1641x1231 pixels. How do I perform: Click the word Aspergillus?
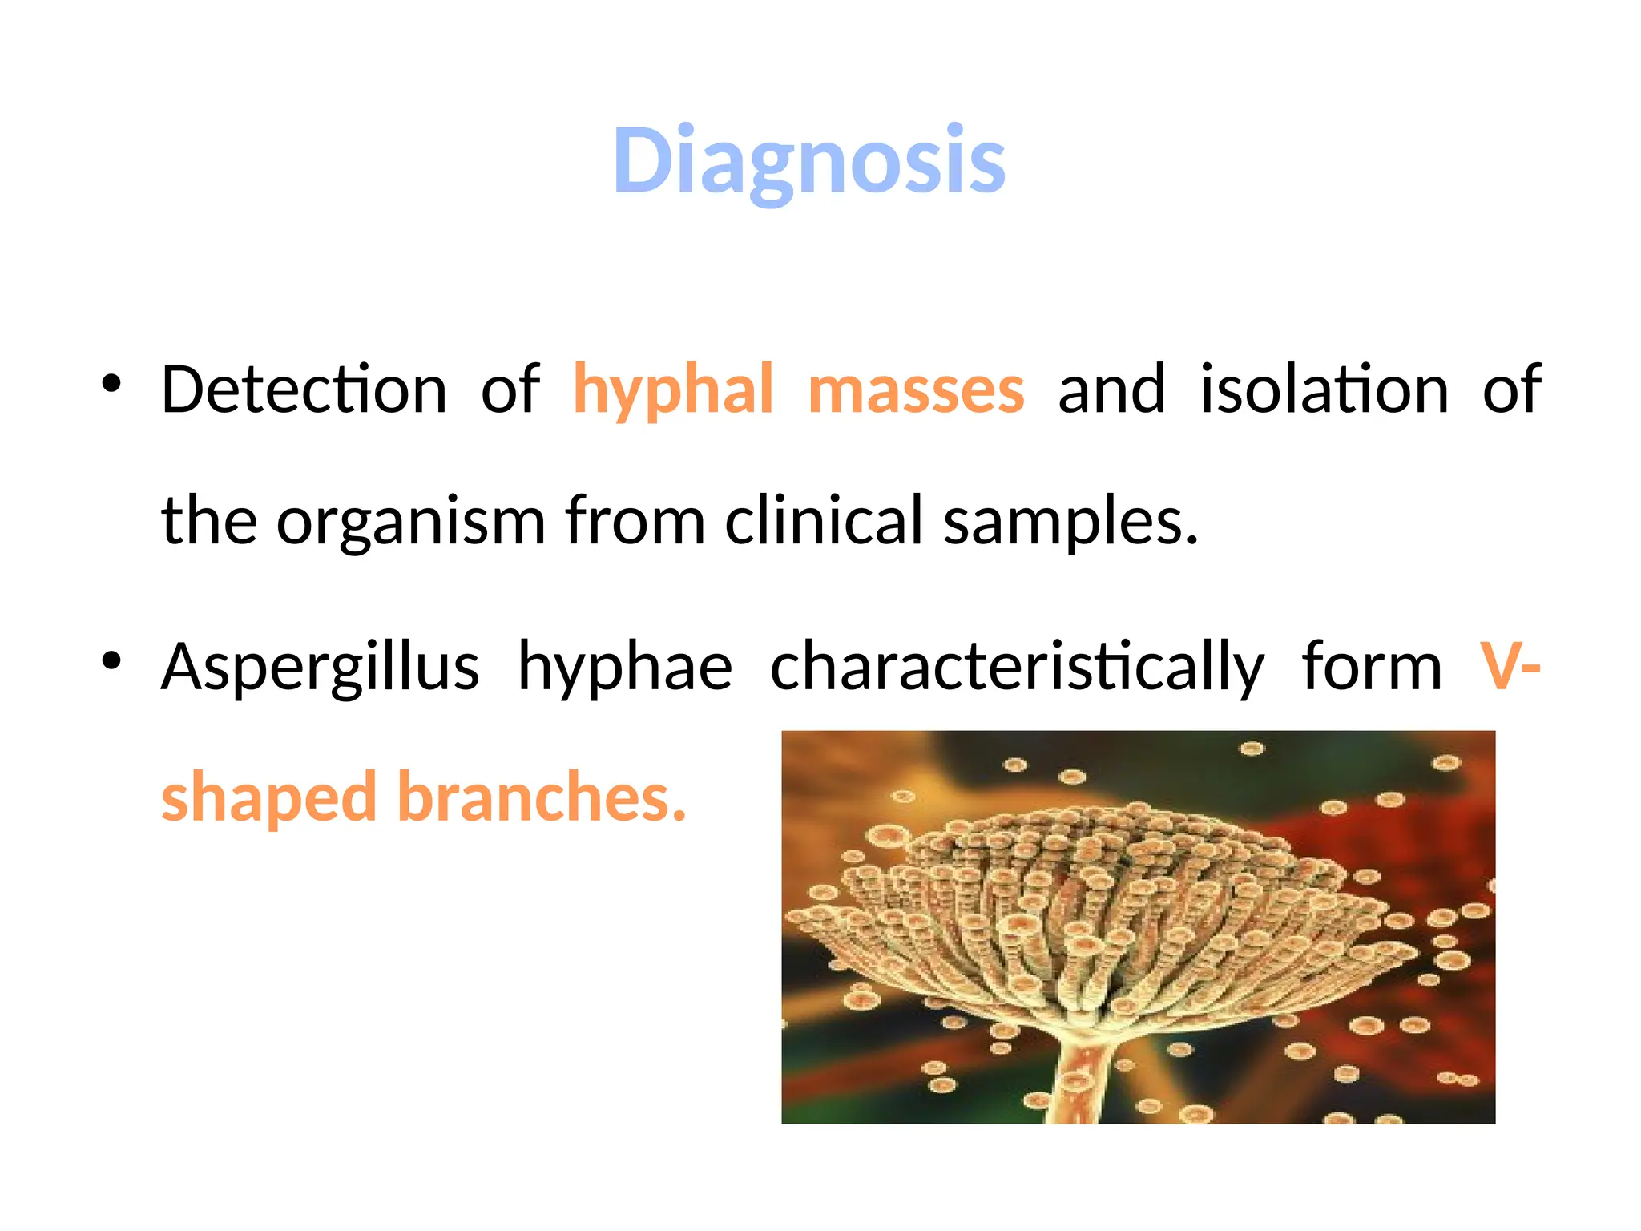(x=320, y=668)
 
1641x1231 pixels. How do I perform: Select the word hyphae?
(x=625, y=668)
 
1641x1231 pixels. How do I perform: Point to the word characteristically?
(x=1017, y=668)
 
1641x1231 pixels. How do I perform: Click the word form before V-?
(x=1371, y=668)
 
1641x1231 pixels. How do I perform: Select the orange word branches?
(x=542, y=797)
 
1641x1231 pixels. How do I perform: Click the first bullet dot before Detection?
(x=111, y=385)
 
